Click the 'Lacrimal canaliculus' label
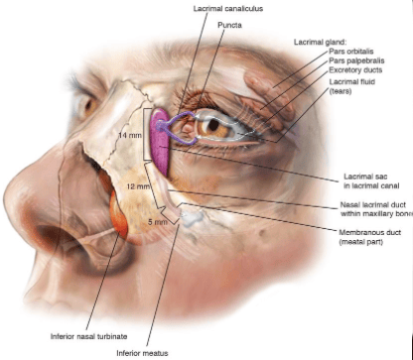(x=228, y=9)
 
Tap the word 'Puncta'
(x=229, y=25)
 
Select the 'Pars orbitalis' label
(x=351, y=52)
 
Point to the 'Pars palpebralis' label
(x=356, y=60)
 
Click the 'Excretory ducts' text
(x=355, y=70)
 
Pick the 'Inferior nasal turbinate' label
(x=88, y=336)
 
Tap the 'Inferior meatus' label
(x=142, y=353)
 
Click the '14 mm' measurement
(x=130, y=135)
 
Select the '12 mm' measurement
(x=138, y=186)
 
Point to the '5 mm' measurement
(x=158, y=222)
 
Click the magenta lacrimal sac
(x=160, y=142)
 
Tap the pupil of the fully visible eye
(x=213, y=125)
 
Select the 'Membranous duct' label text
(x=369, y=232)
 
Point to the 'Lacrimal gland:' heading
(x=320, y=43)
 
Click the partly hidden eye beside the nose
(x=86, y=105)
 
